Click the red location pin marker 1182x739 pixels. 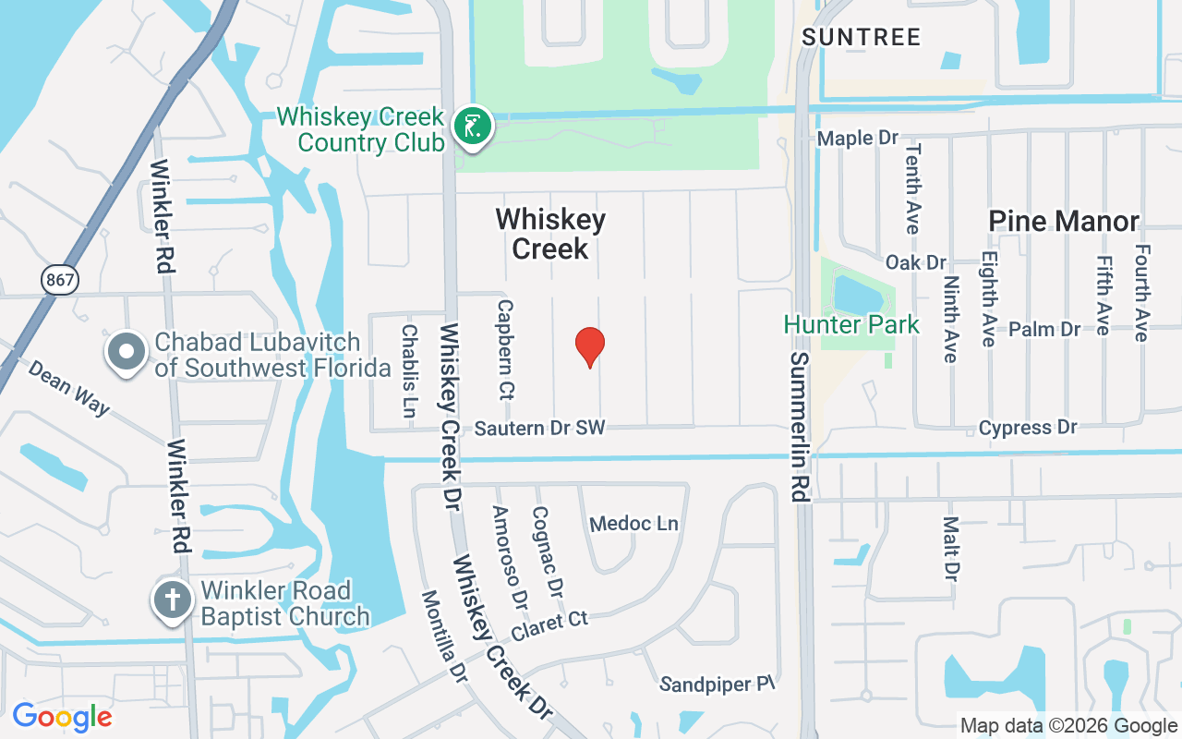click(590, 346)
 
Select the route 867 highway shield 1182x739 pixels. click(60, 279)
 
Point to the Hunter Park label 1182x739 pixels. click(851, 325)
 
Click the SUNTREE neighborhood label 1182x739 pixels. click(861, 38)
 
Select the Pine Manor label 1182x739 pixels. click(1064, 222)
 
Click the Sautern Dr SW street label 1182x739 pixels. click(539, 429)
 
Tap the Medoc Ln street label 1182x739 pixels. click(633, 524)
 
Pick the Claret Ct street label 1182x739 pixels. click(549, 625)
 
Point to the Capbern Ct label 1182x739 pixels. click(504, 348)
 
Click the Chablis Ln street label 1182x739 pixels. click(409, 369)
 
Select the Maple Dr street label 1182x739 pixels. click(858, 139)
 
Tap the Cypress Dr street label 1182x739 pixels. click(1028, 428)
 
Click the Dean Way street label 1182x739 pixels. click(68, 387)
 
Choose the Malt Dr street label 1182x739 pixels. click(951, 549)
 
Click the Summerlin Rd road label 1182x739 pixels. click(799, 426)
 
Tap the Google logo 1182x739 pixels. click(62, 717)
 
